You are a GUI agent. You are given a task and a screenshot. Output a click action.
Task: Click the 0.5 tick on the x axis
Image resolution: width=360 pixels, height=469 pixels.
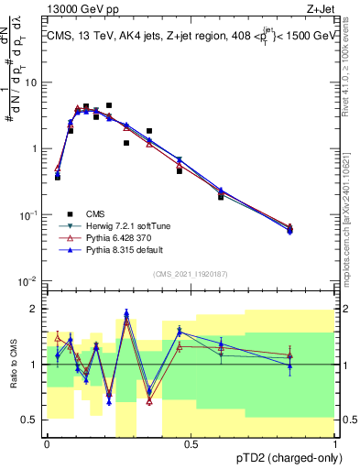pos(191,443)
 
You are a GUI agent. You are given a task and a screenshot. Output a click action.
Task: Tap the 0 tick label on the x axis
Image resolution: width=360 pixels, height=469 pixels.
pos(47,443)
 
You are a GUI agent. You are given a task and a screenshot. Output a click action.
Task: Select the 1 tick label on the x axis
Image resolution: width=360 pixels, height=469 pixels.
pos(335,443)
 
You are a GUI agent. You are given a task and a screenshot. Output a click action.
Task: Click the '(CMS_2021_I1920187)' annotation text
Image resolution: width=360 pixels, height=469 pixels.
pos(191,272)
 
